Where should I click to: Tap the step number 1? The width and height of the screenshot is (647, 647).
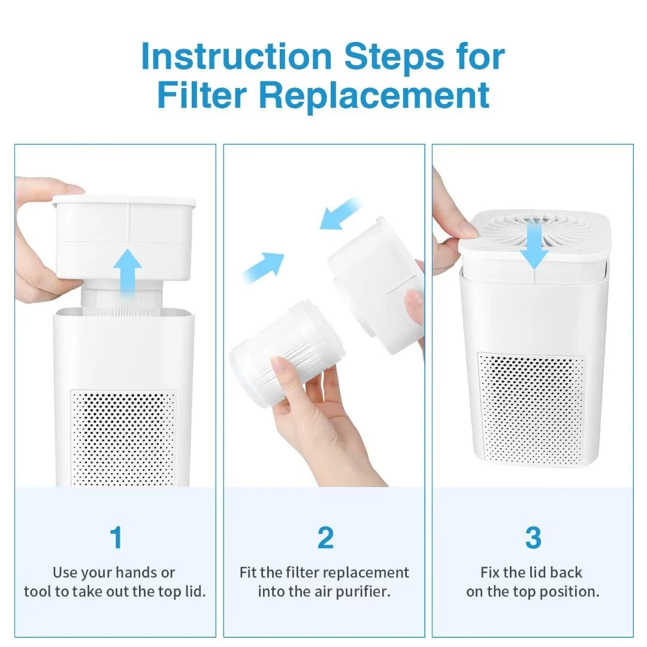point(116,537)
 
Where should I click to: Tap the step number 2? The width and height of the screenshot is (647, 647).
point(325,537)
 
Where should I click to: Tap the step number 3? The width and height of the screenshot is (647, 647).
point(533,537)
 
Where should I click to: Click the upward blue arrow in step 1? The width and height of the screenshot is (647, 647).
point(128,272)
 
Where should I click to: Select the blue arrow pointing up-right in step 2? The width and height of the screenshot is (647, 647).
point(264,267)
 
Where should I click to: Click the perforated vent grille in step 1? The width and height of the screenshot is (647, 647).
point(124,437)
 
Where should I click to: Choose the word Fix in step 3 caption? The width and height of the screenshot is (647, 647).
point(491,572)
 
